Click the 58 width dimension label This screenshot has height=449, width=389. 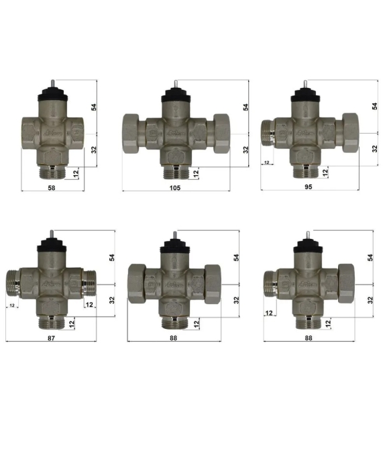(x=52, y=188)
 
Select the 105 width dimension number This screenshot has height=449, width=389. (x=175, y=188)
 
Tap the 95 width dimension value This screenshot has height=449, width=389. (x=309, y=187)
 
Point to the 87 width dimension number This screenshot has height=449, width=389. (x=51, y=338)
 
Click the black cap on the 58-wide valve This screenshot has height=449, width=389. (x=53, y=93)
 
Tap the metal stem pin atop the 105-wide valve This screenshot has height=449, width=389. (x=176, y=84)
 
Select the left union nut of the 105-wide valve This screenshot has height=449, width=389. (x=130, y=134)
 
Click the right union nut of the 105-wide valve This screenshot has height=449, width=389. (x=221, y=134)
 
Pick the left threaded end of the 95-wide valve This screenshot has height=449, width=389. (x=268, y=134)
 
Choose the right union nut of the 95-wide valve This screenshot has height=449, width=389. (x=350, y=133)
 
